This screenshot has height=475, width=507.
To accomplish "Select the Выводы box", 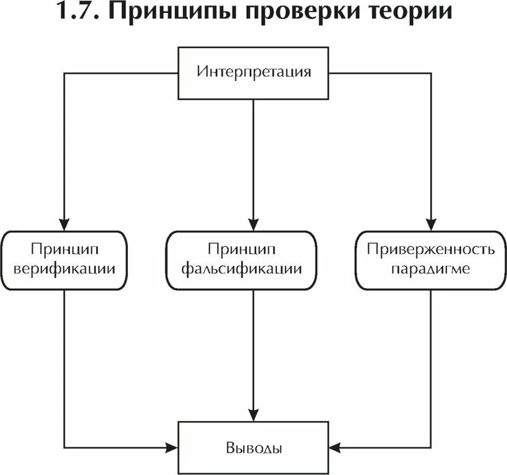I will pyautogui.click(x=253, y=447).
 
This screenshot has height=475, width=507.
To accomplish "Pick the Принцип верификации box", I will pyautogui.click(x=64, y=259).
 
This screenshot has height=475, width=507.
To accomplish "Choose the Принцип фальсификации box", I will pyautogui.click(x=253, y=259).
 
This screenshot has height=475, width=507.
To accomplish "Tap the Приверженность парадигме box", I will pyautogui.click(x=431, y=259).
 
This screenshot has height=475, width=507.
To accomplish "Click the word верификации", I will pyautogui.click(x=64, y=270).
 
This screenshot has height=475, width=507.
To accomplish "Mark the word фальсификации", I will pyautogui.click(x=253, y=270).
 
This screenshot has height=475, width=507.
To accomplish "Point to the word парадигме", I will pyautogui.click(x=431, y=270).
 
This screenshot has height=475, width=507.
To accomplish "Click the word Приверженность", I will pyautogui.click(x=431, y=249).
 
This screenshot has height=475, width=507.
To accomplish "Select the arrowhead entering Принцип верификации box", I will pyautogui.click(x=64, y=225).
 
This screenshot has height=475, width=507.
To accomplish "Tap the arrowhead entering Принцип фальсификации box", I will pyautogui.click(x=253, y=225).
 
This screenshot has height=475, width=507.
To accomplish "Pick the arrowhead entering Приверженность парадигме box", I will pyautogui.click(x=431, y=225).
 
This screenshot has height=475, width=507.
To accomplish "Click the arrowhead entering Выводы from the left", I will pyautogui.click(x=173, y=446).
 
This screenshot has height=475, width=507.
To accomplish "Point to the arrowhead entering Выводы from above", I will pyautogui.click(x=253, y=415).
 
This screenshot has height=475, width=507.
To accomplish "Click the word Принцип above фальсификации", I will pyautogui.click(x=253, y=249).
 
